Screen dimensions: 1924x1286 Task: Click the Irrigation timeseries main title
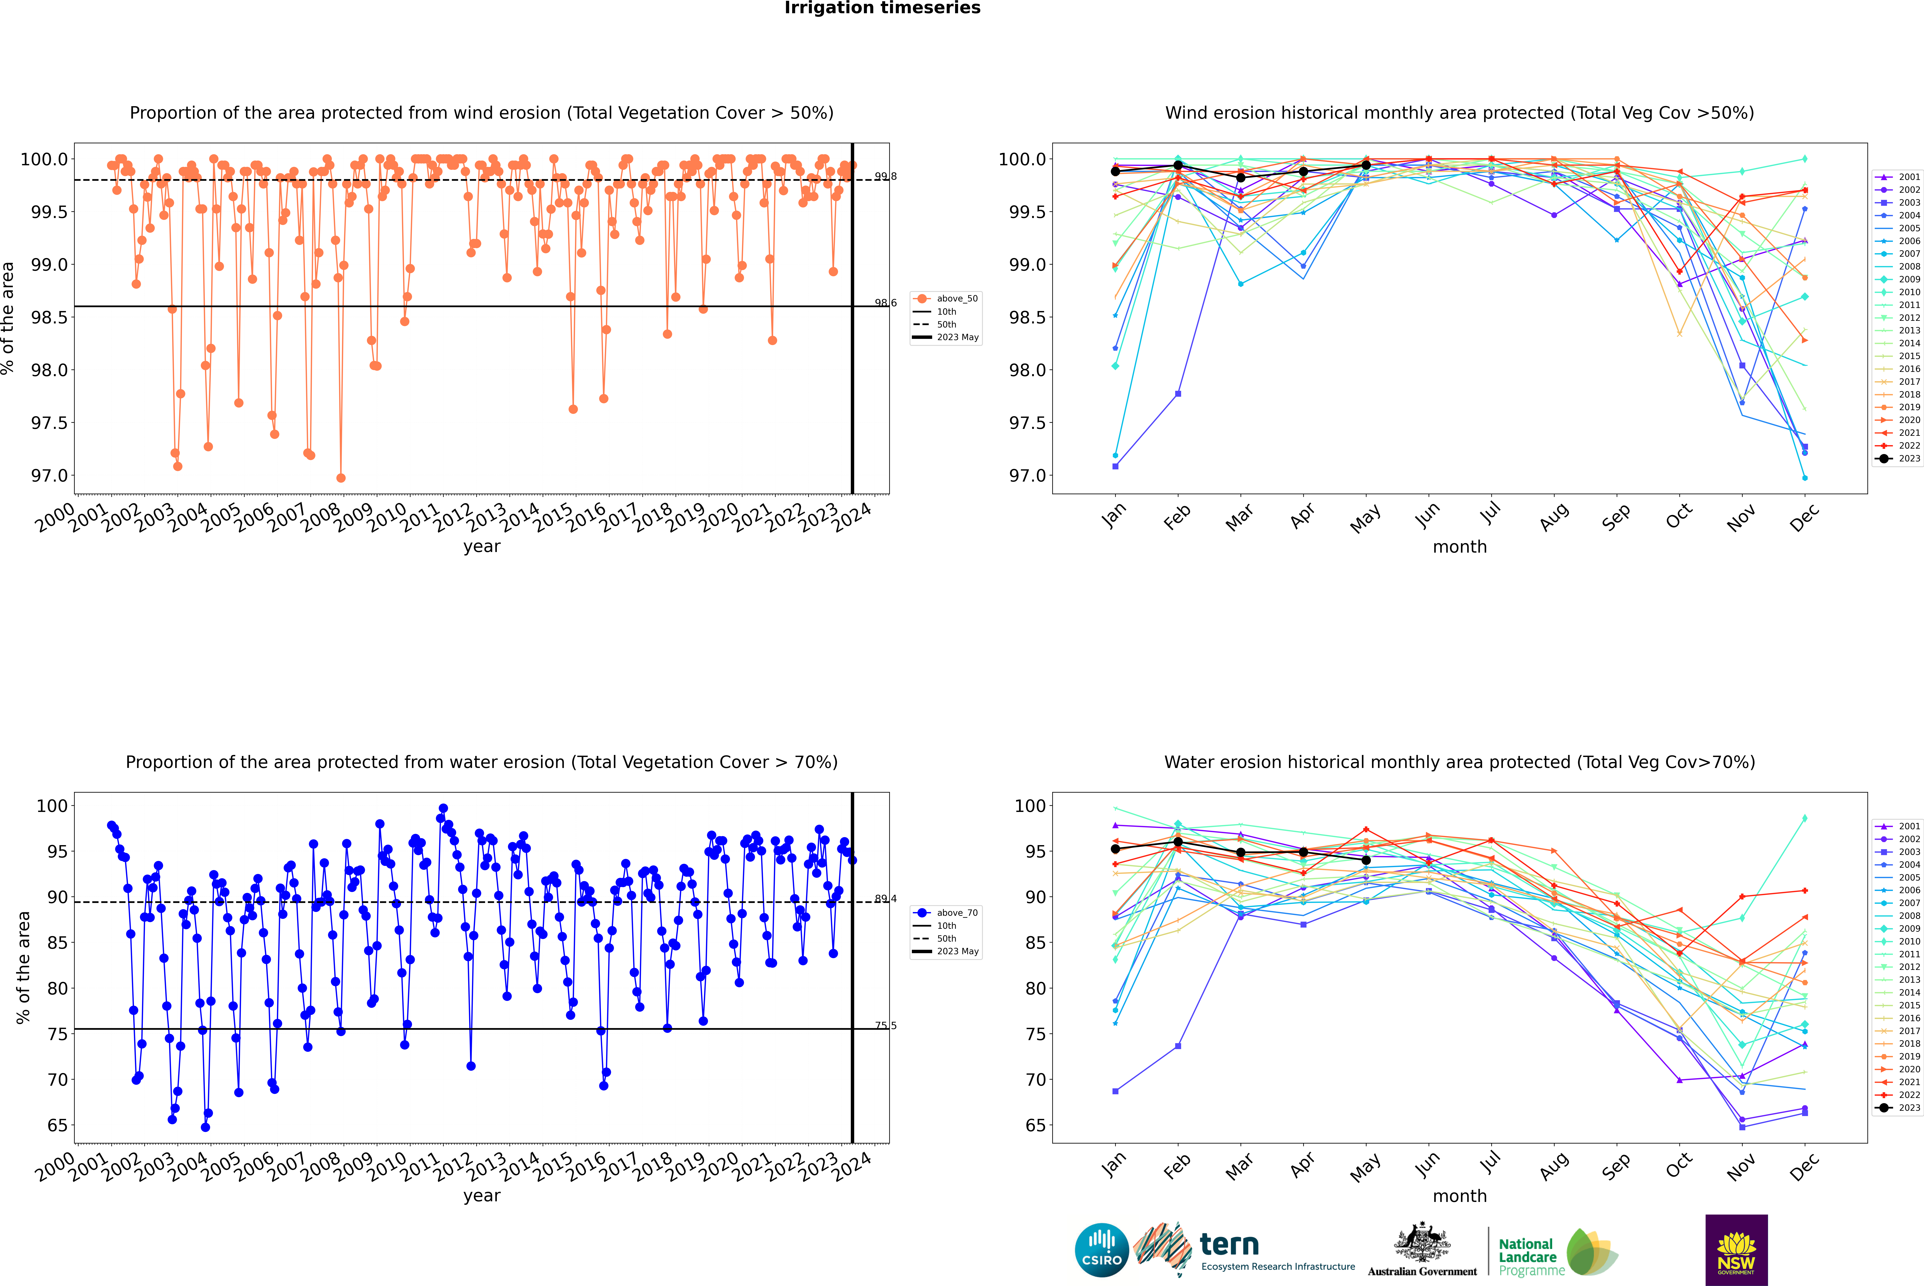tap(883, 8)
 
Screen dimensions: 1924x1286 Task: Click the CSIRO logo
tap(1102, 1251)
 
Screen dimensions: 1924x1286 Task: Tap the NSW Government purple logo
tap(1736, 1250)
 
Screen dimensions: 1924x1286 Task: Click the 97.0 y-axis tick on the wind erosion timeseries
tap(49, 476)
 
